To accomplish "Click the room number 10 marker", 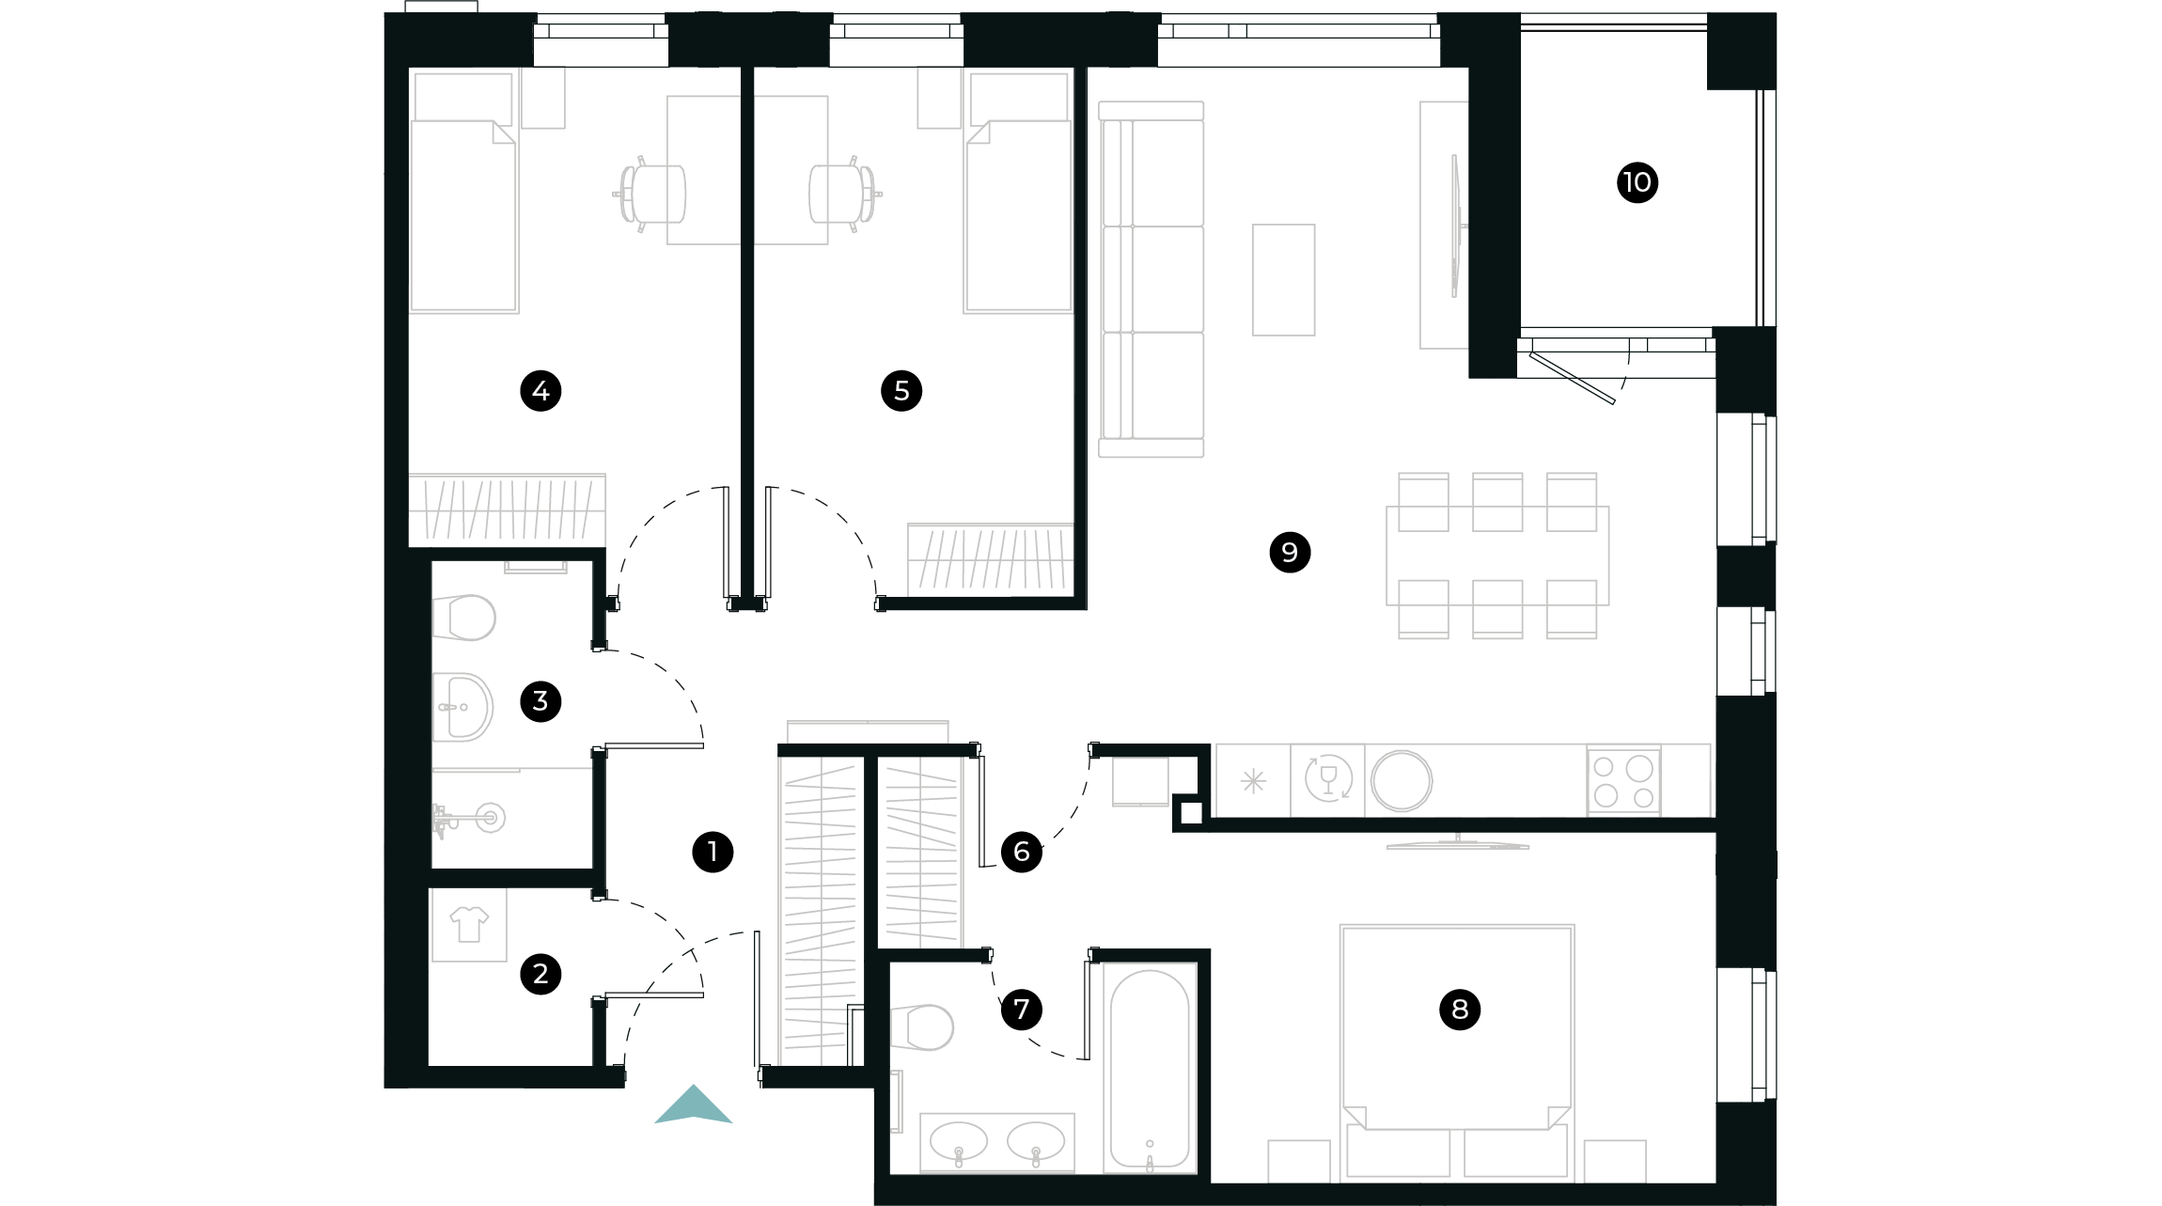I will [x=1637, y=181].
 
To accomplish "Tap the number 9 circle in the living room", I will [x=1290, y=552].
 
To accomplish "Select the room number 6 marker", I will [x=1021, y=852].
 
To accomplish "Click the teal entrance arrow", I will [x=694, y=1106].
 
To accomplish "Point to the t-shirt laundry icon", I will [x=469, y=924].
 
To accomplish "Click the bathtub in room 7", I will [x=1150, y=1068].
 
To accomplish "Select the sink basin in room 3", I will [x=463, y=707].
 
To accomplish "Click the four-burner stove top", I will [x=1623, y=781].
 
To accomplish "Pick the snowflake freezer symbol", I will [x=1253, y=781].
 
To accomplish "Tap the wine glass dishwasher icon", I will [x=1328, y=779].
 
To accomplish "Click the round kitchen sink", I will [x=1402, y=780].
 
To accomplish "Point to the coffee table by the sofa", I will [x=1283, y=279].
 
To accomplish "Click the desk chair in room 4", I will [x=650, y=195].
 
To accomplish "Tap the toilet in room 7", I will [x=924, y=1027].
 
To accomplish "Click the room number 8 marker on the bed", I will [x=1459, y=1010].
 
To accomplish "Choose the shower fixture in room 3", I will [x=470, y=818].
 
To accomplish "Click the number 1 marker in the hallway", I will [x=713, y=852].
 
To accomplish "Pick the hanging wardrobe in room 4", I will [x=507, y=509].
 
